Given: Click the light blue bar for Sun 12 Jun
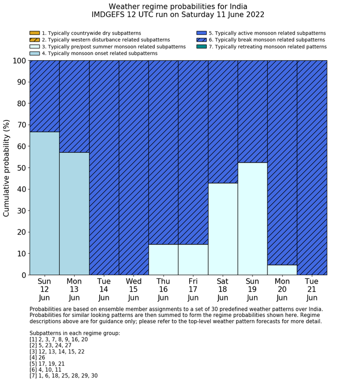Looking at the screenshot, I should click(44, 203).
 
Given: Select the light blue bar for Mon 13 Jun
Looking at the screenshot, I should click(74, 214).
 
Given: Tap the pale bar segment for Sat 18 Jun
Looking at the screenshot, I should click(223, 229).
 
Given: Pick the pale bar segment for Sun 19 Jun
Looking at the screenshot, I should click(253, 219).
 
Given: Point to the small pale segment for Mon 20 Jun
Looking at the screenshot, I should click(282, 270).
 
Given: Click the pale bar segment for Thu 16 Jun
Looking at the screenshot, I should click(164, 260).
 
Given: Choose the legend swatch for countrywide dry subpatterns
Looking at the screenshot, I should click(34, 33).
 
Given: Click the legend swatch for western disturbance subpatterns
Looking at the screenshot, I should click(34, 40).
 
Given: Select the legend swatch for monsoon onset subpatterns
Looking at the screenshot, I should click(34, 54).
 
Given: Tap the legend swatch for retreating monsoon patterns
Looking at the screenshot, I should click(202, 47).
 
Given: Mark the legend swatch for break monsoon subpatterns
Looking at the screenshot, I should click(202, 40).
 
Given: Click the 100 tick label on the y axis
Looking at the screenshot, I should click(17, 61).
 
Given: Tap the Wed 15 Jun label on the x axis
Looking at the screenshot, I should click(134, 289).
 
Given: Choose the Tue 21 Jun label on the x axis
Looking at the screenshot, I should click(312, 289).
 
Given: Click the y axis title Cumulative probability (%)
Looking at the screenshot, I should click(7, 168).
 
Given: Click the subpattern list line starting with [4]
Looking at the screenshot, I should click(39, 358).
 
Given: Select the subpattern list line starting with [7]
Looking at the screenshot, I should click(64, 376).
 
